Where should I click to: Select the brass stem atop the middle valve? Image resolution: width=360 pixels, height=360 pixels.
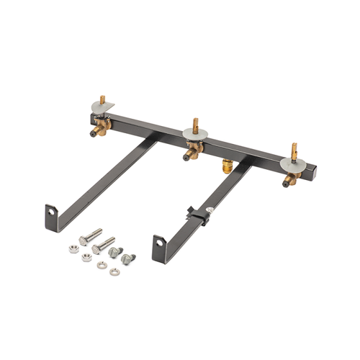[x=194, y=122]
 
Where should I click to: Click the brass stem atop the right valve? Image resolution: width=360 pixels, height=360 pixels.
[x=294, y=149]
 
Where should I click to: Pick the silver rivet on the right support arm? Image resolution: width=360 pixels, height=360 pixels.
[x=210, y=210]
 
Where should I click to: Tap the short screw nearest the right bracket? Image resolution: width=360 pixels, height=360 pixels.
[x=127, y=258]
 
